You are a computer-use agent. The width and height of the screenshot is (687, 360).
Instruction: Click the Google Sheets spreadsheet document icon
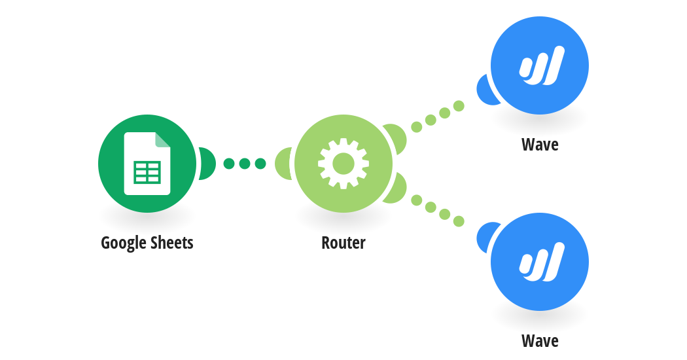[147, 163]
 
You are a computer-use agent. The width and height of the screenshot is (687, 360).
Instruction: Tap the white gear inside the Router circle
[343, 164]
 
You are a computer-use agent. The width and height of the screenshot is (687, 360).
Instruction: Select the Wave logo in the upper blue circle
[542, 65]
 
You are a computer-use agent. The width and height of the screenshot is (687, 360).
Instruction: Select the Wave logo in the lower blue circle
[542, 262]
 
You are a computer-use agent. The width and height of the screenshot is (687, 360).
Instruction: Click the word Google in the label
[124, 243]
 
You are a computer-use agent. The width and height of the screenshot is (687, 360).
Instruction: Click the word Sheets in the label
[171, 242]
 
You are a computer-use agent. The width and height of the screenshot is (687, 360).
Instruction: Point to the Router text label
[343, 242]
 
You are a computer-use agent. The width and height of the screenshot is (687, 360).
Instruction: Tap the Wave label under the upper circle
[540, 144]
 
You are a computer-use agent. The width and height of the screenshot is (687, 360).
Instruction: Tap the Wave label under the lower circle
[540, 341]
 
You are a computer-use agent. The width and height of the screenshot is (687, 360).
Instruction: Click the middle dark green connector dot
[245, 164]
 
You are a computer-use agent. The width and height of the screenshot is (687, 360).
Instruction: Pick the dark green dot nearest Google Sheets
[229, 164]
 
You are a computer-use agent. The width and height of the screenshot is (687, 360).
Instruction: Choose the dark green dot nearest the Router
[260, 164]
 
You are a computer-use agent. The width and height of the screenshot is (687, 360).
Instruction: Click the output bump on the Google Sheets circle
[207, 164]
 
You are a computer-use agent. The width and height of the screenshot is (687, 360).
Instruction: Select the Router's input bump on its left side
[283, 164]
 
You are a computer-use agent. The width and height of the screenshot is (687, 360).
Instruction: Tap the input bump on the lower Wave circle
[485, 237]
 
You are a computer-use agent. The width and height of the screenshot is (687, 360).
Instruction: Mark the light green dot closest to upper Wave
[459, 105]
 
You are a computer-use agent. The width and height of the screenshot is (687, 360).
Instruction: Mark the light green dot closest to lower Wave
[459, 221]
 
